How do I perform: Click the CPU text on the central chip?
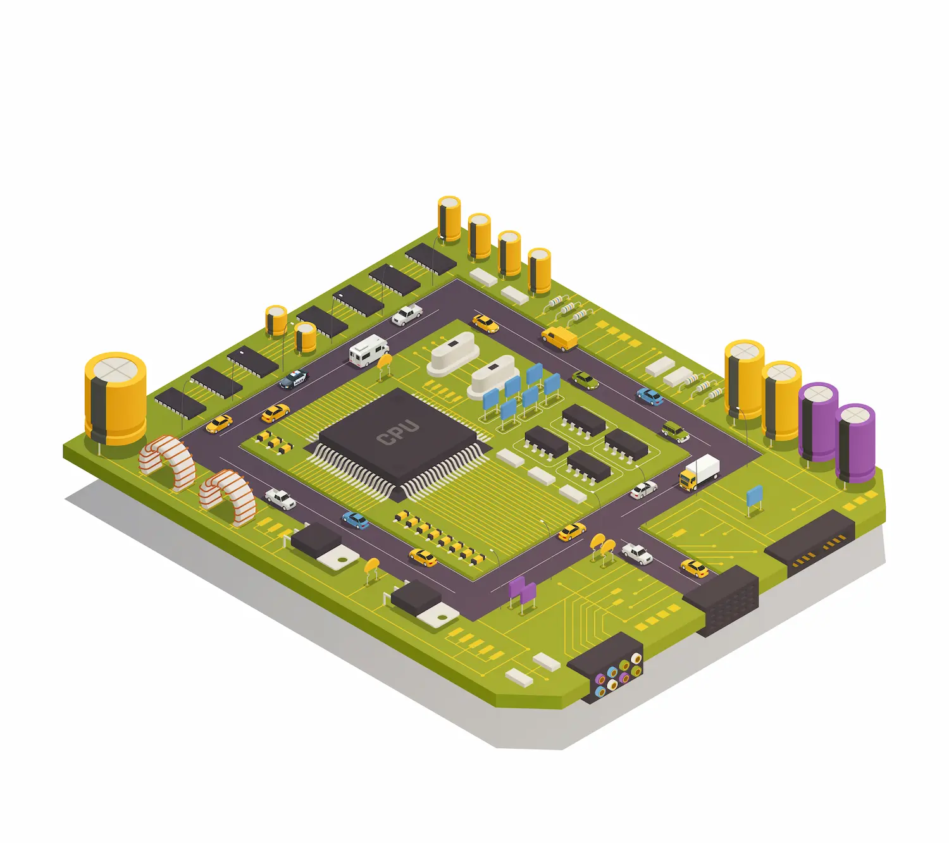click(x=398, y=433)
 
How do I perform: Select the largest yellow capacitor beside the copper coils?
click(x=115, y=398)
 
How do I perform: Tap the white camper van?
click(x=369, y=350)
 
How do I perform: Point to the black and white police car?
click(x=294, y=379)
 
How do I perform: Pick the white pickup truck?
click(x=407, y=314)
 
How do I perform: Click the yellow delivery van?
click(x=559, y=338)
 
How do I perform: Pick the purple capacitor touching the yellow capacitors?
click(x=817, y=422)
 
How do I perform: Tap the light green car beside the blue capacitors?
click(x=585, y=380)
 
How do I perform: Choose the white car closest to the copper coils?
click(x=280, y=499)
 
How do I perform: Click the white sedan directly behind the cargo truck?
click(x=643, y=490)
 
